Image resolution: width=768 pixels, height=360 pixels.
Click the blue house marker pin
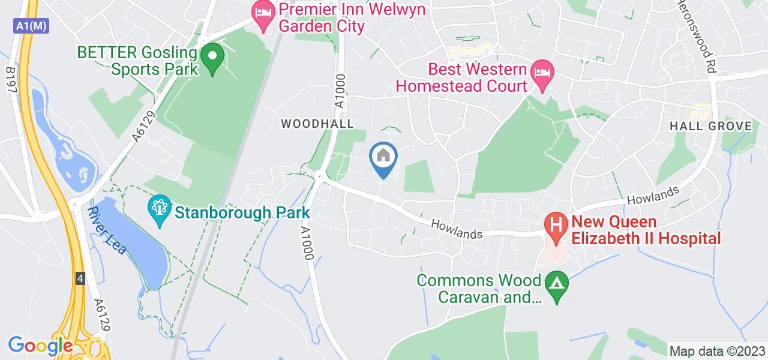[x=383, y=158]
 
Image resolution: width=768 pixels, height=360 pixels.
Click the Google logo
[x=40, y=346]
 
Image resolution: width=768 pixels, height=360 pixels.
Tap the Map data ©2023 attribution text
[x=717, y=351]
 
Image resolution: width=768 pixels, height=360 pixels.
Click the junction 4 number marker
[x=80, y=278]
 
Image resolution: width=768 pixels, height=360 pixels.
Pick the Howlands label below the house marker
[x=457, y=230]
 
